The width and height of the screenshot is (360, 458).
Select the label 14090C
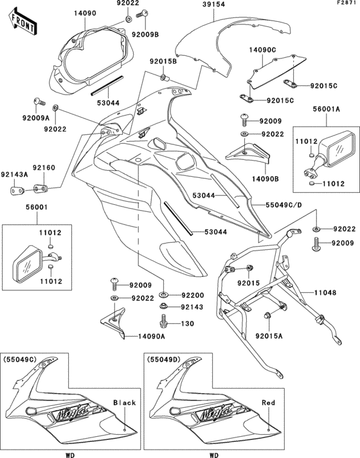[264, 49]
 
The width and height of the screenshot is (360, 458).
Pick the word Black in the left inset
[125, 403]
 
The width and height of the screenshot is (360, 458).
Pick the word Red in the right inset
[269, 403]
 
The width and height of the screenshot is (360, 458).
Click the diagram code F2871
[344, 4]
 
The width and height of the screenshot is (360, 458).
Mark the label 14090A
[151, 336]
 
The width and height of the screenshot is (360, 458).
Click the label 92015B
[163, 61]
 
